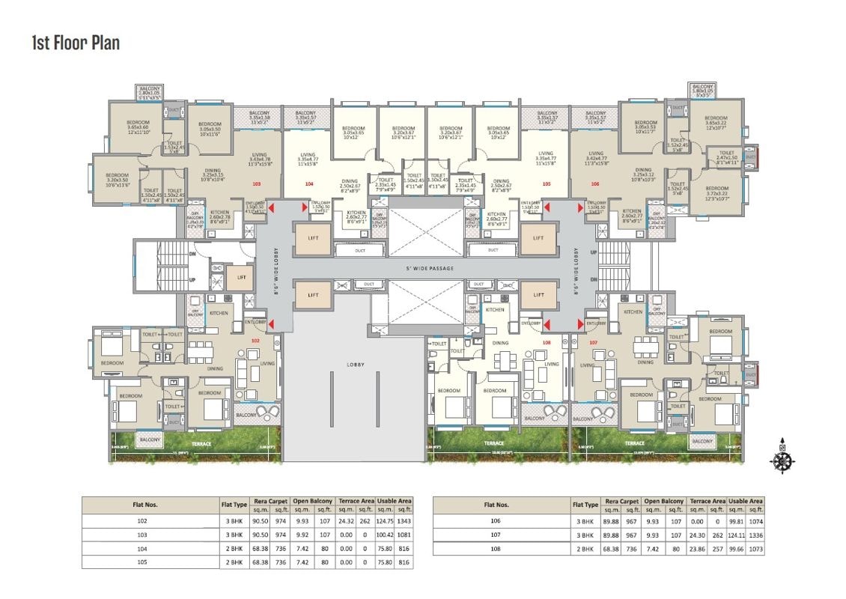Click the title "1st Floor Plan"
click(x=76, y=42)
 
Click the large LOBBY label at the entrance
click(x=354, y=365)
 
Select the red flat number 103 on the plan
click(x=257, y=183)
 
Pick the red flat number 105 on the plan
click(x=546, y=183)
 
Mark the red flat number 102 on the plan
click(x=255, y=341)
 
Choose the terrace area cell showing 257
click(x=717, y=549)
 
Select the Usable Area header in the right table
click(x=746, y=501)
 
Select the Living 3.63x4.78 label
click(x=260, y=159)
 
